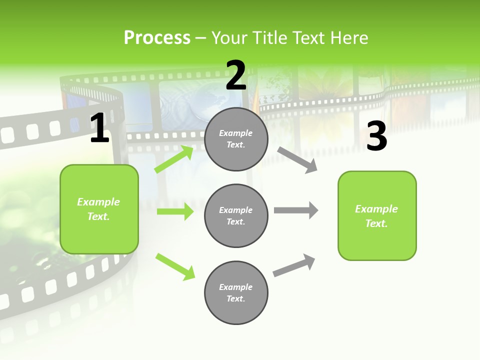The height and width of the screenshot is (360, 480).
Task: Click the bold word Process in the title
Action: click(x=157, y=38)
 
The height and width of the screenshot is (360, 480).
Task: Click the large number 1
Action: click(x=99, y=128)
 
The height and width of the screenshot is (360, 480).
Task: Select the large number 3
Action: click(x=376, y=136)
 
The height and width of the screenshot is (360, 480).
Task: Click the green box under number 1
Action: click(x=99, y=209)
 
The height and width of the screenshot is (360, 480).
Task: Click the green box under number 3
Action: click(x=377, y=215)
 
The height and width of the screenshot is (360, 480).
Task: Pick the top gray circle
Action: click(x=236, y=139)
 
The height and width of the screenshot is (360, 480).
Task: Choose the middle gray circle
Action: click(x=236, y=215)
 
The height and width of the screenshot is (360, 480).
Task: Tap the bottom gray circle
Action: click(x=236, y=292)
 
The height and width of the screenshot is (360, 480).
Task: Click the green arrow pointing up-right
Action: click(x=174, y=159)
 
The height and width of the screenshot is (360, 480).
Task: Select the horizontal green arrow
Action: click(x=175, y=211)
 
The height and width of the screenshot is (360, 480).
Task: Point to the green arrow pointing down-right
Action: click(x=175, y=266)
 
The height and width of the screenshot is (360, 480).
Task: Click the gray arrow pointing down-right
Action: click(x=297, y=160)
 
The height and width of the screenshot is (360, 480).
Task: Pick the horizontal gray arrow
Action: click(x=295, y=210)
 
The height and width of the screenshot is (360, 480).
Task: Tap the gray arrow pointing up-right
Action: click(x=294, y=265)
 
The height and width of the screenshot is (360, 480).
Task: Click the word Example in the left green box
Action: click(x=98, y=202)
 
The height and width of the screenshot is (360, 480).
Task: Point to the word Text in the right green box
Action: click(x=376, y=223)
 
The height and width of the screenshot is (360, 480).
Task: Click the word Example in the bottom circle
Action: click(x=236, y=287)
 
